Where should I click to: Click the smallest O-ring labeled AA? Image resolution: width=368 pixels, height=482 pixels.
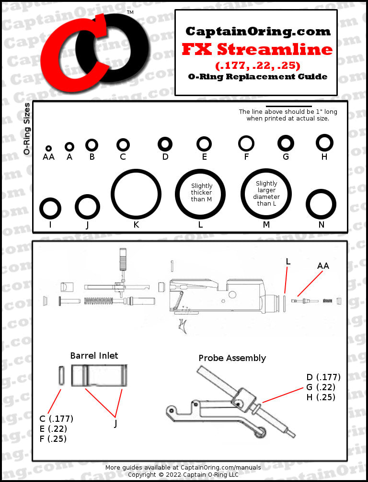pos(48,149)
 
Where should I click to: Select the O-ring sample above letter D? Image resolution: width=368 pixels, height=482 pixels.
pos(165,143)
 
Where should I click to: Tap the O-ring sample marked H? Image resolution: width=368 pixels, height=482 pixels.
pos(324,142)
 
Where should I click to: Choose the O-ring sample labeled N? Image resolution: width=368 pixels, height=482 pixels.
pos(321,205)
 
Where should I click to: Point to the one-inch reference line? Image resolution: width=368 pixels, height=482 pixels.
pos(288,106)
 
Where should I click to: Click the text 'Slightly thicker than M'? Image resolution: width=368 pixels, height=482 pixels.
pos(201,193)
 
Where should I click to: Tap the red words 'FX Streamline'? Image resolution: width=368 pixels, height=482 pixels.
pos(257,49)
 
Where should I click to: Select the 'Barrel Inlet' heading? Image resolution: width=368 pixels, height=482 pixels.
pos(94,355)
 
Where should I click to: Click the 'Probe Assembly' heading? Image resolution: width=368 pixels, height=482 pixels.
pos(232,358)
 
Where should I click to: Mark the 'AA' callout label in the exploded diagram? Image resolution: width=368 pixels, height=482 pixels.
pos(323,265)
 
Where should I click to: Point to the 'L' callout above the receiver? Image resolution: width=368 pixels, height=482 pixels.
pos(288,261)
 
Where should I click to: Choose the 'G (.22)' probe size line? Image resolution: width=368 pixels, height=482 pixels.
pos(321,387)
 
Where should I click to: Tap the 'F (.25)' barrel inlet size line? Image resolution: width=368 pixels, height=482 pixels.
pos(53,438)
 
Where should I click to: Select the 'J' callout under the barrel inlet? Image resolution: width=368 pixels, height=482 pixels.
pos(115,423)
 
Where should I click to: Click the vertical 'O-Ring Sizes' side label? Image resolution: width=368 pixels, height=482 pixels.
pos(27,129)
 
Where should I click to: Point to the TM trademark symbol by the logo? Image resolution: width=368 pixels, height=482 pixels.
pos(130,12)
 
